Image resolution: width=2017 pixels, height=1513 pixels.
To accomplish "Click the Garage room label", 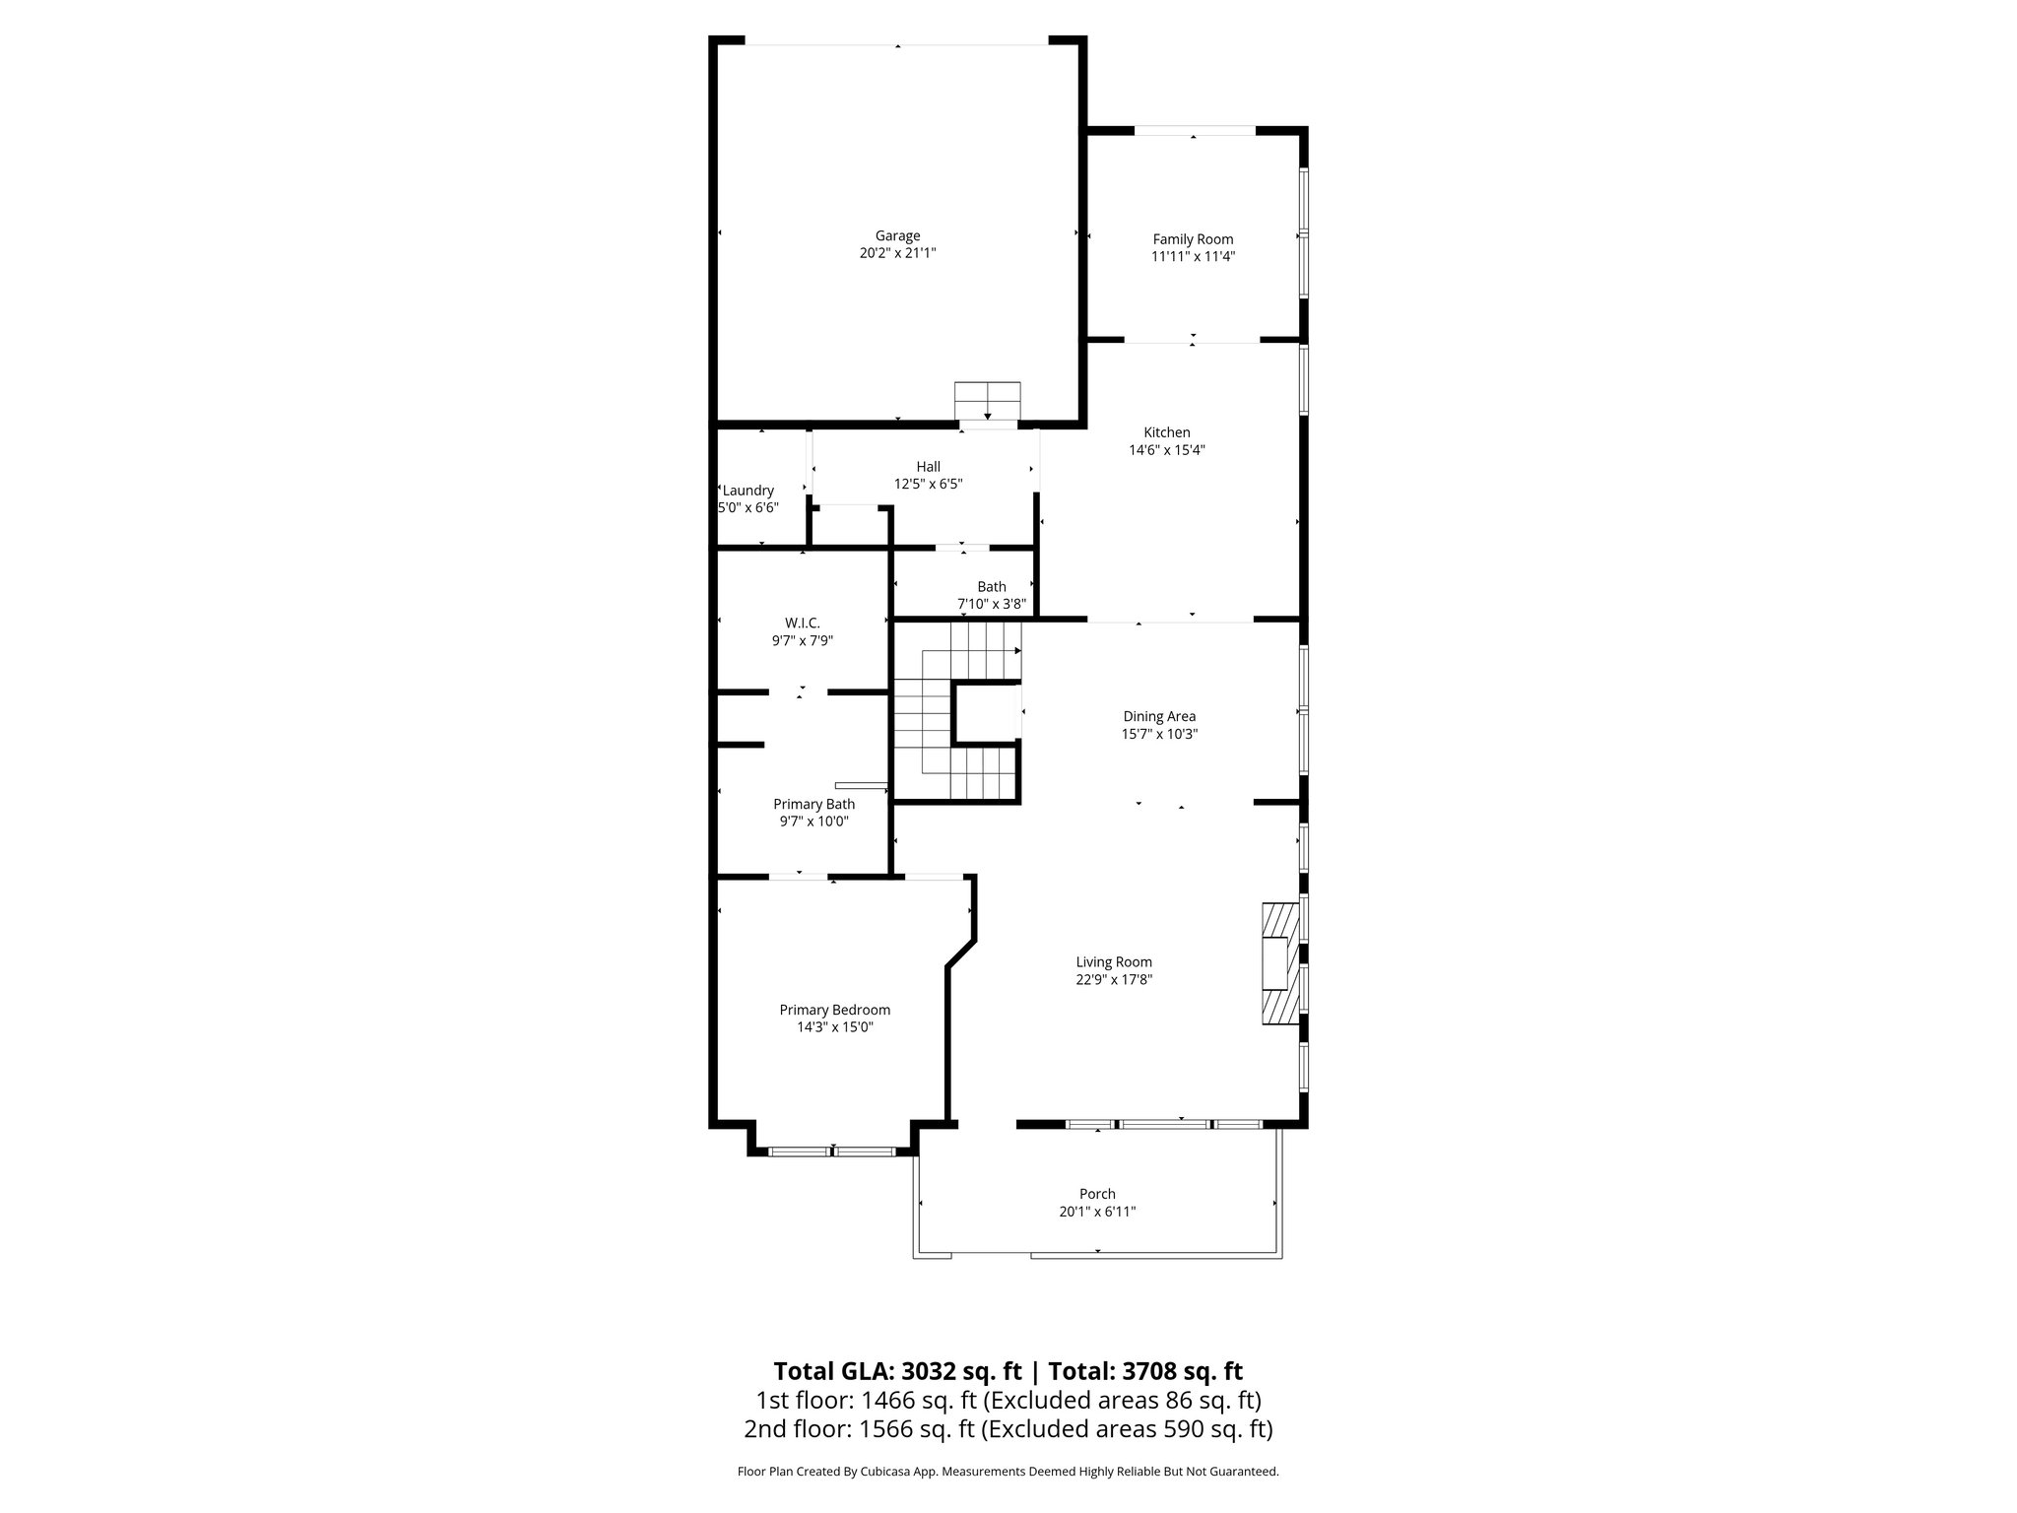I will (897, 236).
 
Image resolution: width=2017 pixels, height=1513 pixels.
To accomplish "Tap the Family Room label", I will (1193, 239).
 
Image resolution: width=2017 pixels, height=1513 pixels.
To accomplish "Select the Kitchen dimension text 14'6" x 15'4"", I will (1167, 450).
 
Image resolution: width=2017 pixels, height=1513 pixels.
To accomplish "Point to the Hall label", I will (928, 467).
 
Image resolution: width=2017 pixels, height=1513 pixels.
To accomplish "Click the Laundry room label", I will (748, 491).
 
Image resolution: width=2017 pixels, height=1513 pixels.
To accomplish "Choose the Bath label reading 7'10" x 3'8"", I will (992, 596).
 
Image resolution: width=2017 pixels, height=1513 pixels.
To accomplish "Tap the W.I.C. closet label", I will (802, 624).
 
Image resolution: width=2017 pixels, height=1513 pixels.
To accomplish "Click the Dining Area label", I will (1159, 717).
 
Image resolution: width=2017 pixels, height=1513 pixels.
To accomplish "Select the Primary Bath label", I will (813, 805).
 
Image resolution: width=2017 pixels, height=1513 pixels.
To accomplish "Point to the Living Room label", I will (1114, 962).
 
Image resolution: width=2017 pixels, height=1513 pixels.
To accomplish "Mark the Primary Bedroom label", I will (835, 1010).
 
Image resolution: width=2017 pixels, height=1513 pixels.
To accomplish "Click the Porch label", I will (1097, 1194).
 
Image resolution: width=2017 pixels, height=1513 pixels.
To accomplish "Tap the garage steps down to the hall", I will (988, 401).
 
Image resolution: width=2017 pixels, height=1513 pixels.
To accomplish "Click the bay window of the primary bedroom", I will (832, 1150).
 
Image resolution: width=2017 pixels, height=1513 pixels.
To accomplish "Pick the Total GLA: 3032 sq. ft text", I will (897, 1371).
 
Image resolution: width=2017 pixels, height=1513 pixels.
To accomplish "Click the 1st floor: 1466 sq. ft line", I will (1008, 1400).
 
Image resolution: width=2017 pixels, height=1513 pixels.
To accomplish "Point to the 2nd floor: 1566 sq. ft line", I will (1008, 1428).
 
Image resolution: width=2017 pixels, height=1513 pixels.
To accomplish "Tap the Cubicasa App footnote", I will (1008, 1472).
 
